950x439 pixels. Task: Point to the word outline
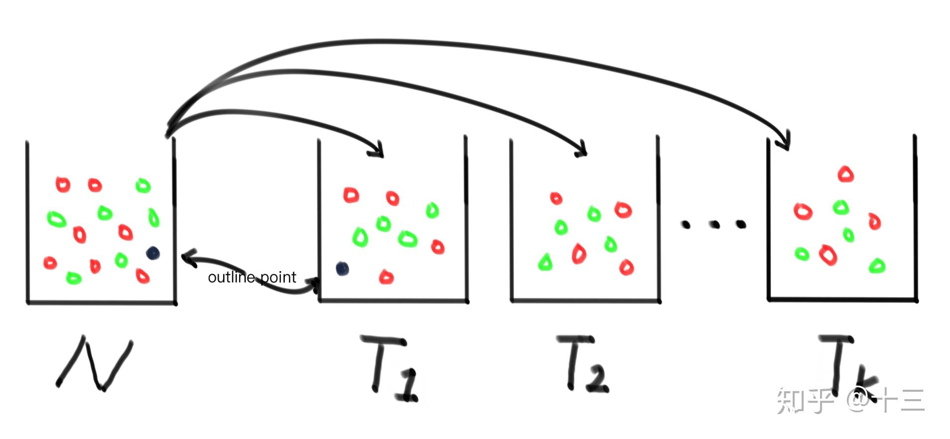[x=231, y=277]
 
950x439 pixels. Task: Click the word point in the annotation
[x=278, y=277]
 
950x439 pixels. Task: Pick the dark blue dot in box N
[x=153, y=253]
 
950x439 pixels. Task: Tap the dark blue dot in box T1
[x=342, y=269]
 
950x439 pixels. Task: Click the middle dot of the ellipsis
[x=715, y=225]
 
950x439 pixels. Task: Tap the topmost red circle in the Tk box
[x=845, y=174]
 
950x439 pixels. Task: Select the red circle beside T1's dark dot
[x=386, y=277]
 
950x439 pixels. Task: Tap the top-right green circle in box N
[x=143, y=185]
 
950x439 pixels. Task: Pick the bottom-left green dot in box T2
[x=546, y=262]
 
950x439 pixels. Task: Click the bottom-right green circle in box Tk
[x=877, y=266]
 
